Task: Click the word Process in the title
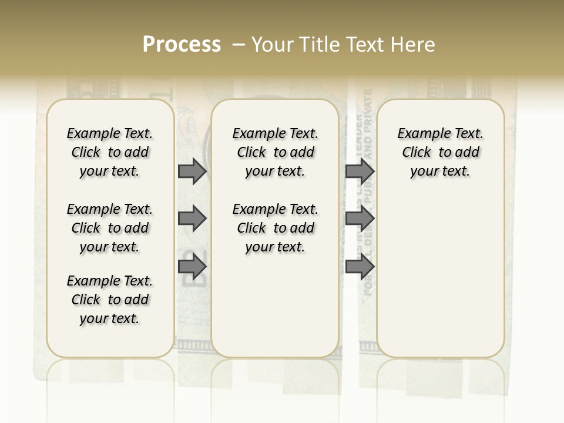[182, 45]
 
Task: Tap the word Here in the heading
[414, 45]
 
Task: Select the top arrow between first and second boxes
[192, 171]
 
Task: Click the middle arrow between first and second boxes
[192, 219]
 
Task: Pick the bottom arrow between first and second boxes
[192, 267]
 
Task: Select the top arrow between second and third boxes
[360, 171]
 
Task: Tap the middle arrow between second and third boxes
[360, 219]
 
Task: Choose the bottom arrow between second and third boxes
[360, 267]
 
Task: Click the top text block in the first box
[110, 152]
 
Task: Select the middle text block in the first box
[110, 228]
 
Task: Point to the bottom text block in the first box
[110, 300]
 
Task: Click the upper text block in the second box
[275, 152]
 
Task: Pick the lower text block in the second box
[275, 228]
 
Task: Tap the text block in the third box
[441, 152]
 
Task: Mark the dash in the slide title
[239, 45]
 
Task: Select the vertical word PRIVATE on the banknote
[368, 112]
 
